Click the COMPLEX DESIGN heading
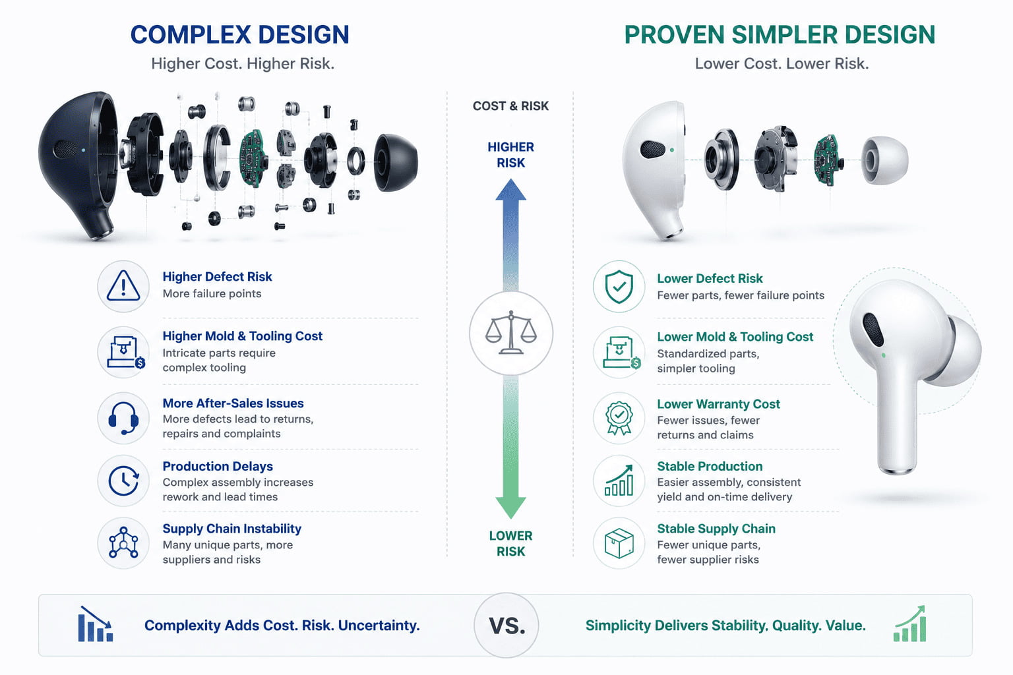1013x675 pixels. click(x=239, y=35)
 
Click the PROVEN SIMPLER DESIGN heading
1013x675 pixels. click(x=780, y=35)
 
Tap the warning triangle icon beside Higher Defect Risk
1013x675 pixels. click(x=123, y=285)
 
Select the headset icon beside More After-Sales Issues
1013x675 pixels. click(x=123, y=418)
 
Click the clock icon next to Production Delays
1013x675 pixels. click(x=123, y=481)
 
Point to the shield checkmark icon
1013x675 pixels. click(x=619, y=287)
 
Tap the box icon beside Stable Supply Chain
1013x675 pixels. click(x=619, y=543)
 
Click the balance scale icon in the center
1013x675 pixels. click(x=511, y=332)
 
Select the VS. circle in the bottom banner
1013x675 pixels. click(x=506, y=626)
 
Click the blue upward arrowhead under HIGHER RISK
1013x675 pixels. click(x=511, y=190)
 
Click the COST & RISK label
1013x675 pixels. click(x=510, y=105)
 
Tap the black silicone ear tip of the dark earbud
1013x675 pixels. click(x=396, y=162)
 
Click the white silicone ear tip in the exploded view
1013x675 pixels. click(x=884, y=160)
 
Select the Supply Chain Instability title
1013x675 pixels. click(x=232, y=529)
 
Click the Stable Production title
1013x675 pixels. click(x=710, y=466)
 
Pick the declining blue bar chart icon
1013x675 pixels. click(x=95, y=624)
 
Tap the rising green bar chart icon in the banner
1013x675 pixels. click(x=910, y=624)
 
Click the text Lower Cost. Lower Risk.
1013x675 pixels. click(x=782, y=64)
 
